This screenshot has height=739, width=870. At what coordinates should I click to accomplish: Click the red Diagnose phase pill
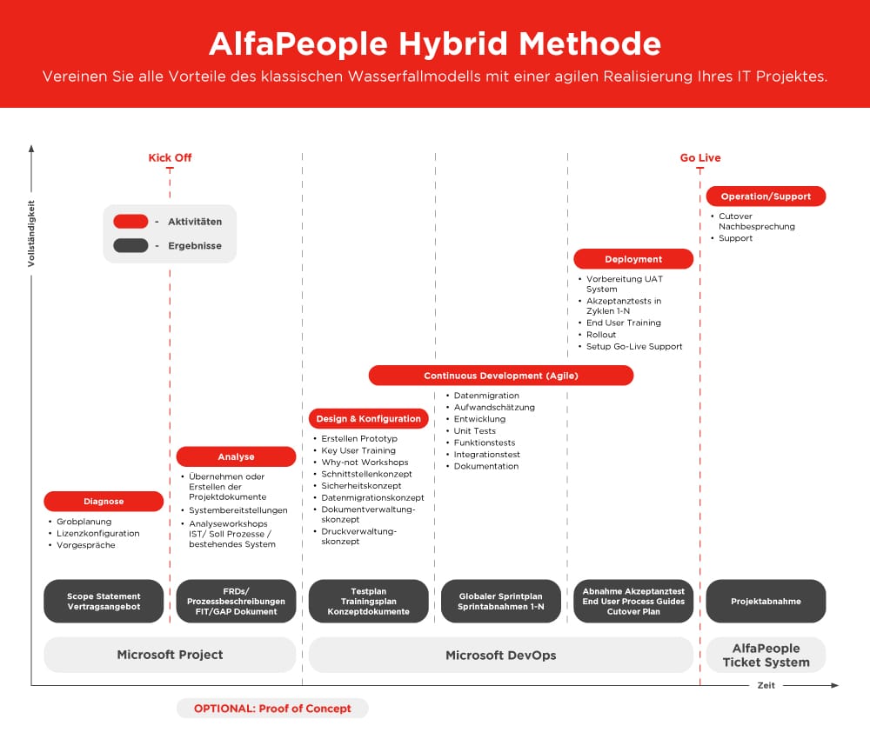(x=104, y=501)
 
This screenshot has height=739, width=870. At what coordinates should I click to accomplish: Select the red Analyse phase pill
(x=236, y=456)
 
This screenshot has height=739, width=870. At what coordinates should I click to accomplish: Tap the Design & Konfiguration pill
(x=368, y=418)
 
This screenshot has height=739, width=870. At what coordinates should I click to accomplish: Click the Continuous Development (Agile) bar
(x=500, y=376)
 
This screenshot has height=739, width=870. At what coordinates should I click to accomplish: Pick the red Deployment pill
(x=633, y=259)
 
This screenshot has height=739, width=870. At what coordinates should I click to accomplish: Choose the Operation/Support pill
(x=766, y=196)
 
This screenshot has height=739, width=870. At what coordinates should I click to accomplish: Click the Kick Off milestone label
(x=170, y=157)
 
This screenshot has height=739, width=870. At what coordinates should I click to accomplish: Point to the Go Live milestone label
(x=700, y=157)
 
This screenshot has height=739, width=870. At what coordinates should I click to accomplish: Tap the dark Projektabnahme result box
(x=766, y=601)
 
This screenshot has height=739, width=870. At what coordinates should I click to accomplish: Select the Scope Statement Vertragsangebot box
(x=104, y=601)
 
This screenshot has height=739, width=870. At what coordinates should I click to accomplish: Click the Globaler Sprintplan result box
(x=500, y=601)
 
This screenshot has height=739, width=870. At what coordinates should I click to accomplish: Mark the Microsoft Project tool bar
(x=170, y=655)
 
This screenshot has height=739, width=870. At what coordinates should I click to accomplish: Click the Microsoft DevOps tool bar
(x=500, y=655)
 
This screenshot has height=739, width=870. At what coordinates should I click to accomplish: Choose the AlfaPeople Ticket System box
(x=766, y=655)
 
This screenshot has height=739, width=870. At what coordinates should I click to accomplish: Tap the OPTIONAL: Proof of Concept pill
(x=272, y=709)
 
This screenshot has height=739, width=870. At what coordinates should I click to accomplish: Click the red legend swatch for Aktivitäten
(x=130, y=222)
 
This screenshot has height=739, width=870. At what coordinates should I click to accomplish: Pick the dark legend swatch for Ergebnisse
(x=130, y=246)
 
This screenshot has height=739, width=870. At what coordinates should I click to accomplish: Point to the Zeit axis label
(x=766, y=685)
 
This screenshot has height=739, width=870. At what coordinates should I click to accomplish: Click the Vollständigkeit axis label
(x=31, y=233)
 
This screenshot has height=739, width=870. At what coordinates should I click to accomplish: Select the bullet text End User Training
(x=623, y=323)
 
